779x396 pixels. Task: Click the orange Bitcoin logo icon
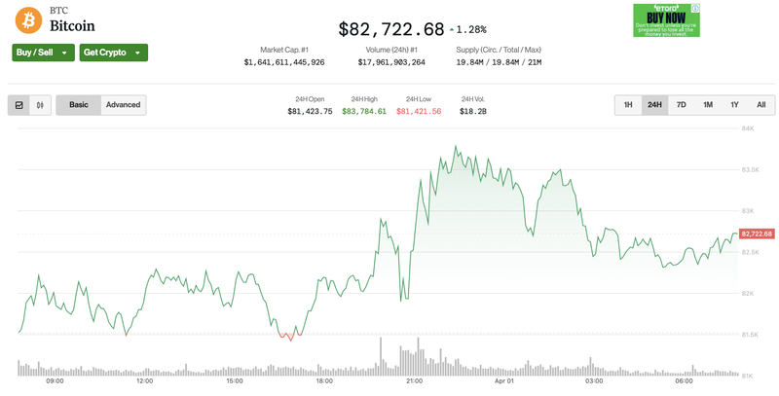(28, 18)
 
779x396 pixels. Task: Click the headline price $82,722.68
(391, 29)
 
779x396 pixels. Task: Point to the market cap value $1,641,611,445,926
(284, 62)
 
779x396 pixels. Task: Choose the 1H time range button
(628, 105)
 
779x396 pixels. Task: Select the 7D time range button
(682, 105)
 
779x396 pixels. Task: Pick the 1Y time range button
(734, 105)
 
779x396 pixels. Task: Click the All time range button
(760, 105)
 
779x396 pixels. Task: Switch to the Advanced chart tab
(124, 105)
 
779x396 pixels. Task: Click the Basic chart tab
(79, 105)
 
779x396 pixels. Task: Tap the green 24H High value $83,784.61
(364, 112)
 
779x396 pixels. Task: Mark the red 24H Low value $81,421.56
(419, 112)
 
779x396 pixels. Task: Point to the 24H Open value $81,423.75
(310, 112)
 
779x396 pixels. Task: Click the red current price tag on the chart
(757, 234)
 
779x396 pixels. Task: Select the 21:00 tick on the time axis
(414, 380)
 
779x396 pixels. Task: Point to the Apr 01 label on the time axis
(504, 380)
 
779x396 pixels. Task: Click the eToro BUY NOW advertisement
(666, 20)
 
